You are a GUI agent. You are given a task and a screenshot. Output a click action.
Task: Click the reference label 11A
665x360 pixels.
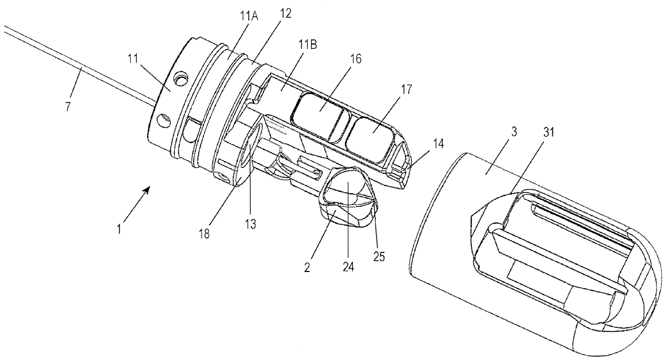point(249,15)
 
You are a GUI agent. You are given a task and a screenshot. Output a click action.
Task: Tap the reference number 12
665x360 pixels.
point(285,13)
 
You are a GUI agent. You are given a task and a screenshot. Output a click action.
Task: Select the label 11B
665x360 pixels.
point(308,44)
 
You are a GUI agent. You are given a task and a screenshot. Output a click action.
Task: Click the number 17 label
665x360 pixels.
point(406,89)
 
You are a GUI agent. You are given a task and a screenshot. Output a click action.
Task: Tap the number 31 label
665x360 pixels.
point(549,132)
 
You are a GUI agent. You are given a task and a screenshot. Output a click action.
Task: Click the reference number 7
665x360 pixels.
point(68,106)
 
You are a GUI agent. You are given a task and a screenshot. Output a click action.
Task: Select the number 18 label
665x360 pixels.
point(204,234)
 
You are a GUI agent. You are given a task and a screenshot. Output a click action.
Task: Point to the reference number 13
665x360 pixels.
point(250,224)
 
